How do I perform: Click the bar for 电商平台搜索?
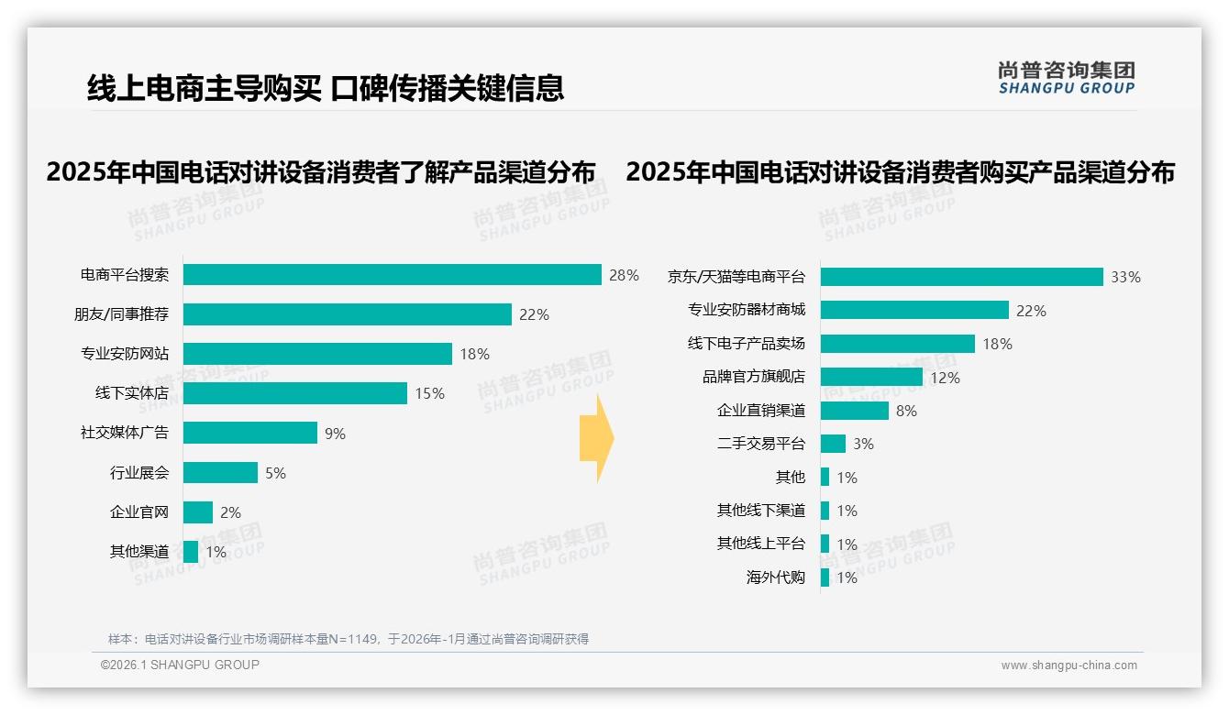[x=392, y=274]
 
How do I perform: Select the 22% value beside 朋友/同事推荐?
[x=534, y=314]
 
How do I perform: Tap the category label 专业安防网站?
[x=125, y=354]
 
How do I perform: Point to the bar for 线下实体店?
[x=294, y=393]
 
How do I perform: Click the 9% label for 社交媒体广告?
[x=335, y=434]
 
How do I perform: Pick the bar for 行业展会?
[x=220, y=473]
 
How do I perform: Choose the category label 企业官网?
[x=139, y=512]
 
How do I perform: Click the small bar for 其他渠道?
[x=191, y=552]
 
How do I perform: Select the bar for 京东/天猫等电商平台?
[x=961, y=277]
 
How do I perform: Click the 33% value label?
[x=1125, y=277]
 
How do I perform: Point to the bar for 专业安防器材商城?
[x=914, y=310]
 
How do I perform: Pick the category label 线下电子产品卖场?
[x=747, y=344]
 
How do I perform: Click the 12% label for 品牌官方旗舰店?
[x=945, y=378]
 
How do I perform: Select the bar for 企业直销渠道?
[x=854, y=411]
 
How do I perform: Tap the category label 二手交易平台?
[x=761, y=444]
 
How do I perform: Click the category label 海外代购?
[x=776, y=577]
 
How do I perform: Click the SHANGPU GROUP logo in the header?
[x=1066, y=78]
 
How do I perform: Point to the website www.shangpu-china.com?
[x=1068, y=665]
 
